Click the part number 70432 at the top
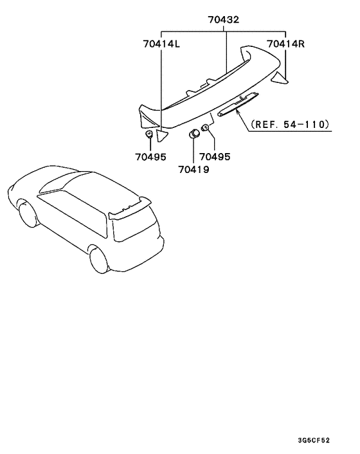tap(224, 20)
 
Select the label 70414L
tap(161, 44)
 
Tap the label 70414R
tap(285, 44)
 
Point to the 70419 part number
tap(194, 169)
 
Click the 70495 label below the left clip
tap(150, 157)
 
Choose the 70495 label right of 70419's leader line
tap(215, 157)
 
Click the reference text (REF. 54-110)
tap(291, 125)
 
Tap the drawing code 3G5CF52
tap(314, 440)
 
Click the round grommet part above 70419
tap(194, 134)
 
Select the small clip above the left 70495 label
tap(149, 134)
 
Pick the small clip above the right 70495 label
tap(205, 127)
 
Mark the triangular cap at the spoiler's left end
tap(161, 136)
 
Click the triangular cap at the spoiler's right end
tap(280, 78)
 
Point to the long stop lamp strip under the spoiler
tap(238, 105)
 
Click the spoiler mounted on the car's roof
tap(130, 208)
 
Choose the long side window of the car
tap(73, 212)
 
